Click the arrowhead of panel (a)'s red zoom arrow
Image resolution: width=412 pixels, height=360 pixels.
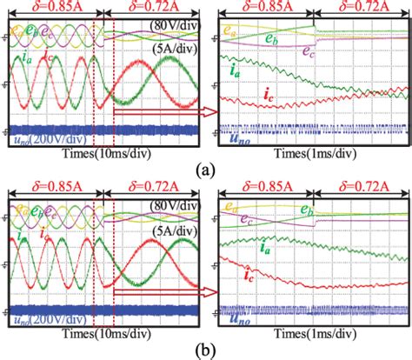click(209, 110)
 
